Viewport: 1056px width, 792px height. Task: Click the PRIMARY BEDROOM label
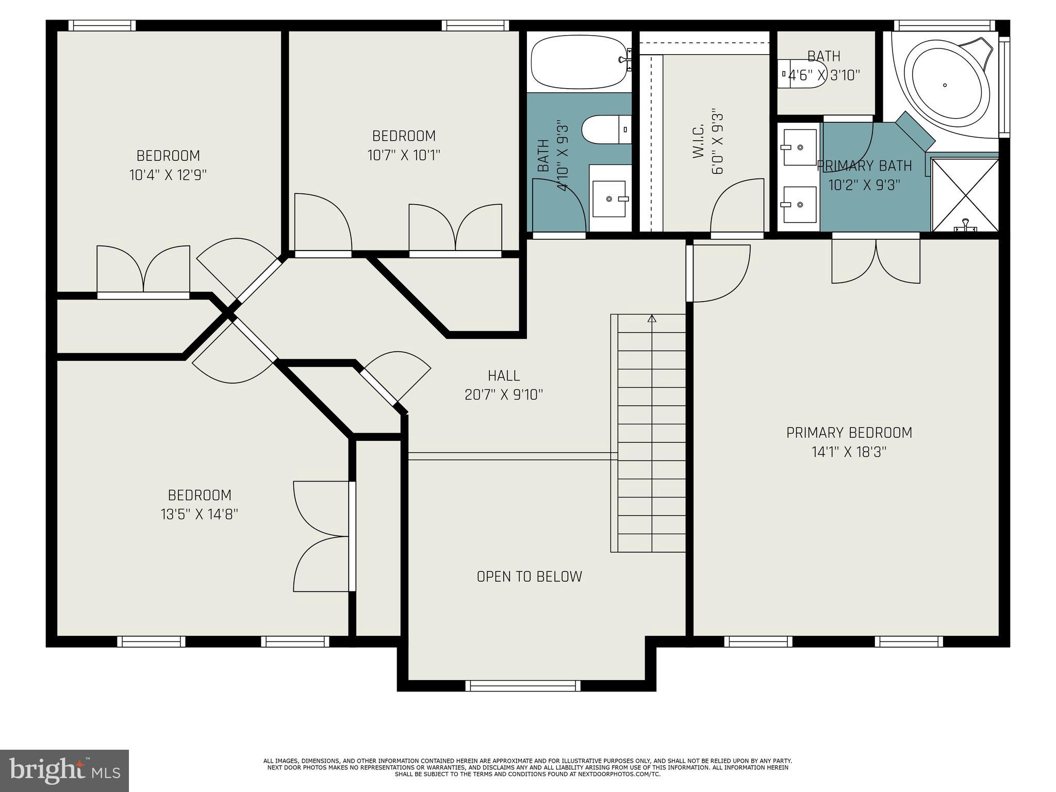849,433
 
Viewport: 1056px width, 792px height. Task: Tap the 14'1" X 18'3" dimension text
849,452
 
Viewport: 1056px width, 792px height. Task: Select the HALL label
504,375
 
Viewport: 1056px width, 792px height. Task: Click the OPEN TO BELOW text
529,576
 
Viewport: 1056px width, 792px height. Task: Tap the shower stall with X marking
965,195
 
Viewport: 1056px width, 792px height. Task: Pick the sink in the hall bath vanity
609,199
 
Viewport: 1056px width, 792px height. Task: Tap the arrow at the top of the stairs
652,319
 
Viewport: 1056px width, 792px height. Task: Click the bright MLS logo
64,770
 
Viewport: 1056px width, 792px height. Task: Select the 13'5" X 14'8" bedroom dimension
199,514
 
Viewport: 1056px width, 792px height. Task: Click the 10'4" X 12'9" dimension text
168,175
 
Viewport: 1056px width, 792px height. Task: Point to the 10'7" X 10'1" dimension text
404,155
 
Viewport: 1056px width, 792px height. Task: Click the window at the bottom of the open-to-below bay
522,685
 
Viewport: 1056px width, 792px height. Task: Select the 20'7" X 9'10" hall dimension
504,395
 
